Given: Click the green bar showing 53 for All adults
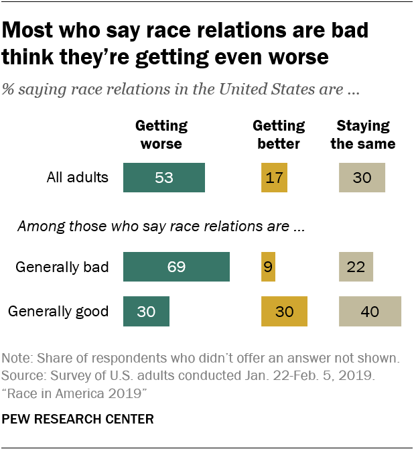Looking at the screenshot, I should [x=164, y=178].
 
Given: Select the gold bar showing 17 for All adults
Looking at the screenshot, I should [x=273, y=178].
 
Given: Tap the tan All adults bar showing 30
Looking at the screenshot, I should [x=362, y=178].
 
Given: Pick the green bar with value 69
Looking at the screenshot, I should [x=177, y=267].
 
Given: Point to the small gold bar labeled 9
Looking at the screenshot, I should [x=268, y=267].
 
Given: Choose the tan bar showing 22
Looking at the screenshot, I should [x=356, y=267].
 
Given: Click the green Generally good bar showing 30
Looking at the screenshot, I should [x=147, y=312].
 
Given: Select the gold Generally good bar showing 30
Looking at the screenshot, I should [x=284, y=312].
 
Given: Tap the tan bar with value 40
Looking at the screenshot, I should [x=370, y=312].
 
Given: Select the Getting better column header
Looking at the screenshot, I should [x=278, y=135].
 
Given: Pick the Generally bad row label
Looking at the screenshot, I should [x=62, y=267].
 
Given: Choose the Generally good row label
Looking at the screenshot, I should [x=58, y=312].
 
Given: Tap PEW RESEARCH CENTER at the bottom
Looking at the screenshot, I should [x=78, y=420].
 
